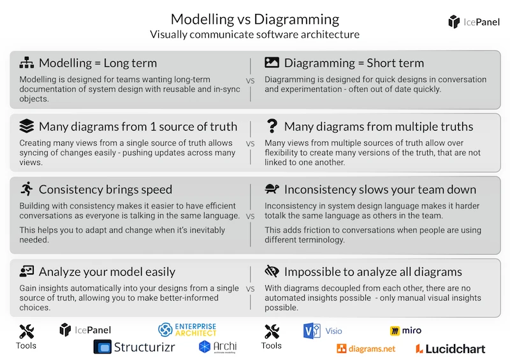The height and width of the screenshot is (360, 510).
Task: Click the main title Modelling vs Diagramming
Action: (x=255, y=18)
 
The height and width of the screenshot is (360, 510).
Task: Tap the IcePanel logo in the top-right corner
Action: (x=474, y=22)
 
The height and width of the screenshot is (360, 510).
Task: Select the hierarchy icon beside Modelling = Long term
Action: (x=26, y=62)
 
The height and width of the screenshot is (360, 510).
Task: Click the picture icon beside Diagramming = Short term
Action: (x=272, y=62)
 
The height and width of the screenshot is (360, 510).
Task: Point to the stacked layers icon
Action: (x=26, y=126)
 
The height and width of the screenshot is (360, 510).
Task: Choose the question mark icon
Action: (x=272, y=126)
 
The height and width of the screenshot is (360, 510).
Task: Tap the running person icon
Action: (x=26, y=189)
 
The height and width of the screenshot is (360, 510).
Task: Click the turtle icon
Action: (x=272, y=189)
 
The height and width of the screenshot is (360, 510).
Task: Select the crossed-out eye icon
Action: (x=272, y=272)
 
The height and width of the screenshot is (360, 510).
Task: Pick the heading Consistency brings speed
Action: (x=105, y=189)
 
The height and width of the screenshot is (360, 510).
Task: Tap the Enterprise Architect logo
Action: (x=187, y=329)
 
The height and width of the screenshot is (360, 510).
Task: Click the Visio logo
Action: (x=323, y=331)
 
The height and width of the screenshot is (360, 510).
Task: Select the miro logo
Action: (x=405, y=331)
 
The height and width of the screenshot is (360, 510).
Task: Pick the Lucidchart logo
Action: (x=450, y=349)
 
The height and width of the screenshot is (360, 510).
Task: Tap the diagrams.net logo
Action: (x=366, y=349)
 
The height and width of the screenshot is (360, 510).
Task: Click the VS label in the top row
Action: (x=250, y=81)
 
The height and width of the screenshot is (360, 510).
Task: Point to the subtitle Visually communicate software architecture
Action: (x=255, y=34)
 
